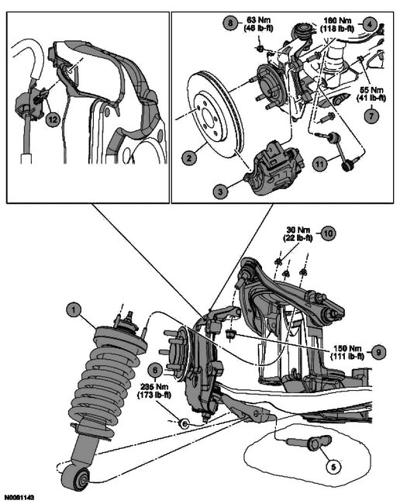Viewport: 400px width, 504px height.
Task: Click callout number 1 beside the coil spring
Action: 74,312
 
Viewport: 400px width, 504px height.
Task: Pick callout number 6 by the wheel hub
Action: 155,371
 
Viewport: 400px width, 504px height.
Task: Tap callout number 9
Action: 378,351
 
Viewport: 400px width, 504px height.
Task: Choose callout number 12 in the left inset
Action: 52,119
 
